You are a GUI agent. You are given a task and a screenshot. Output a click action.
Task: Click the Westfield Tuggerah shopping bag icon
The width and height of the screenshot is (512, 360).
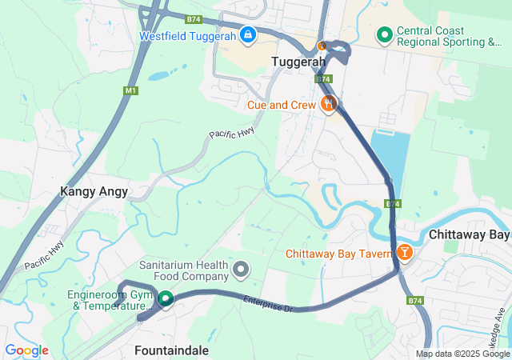click(248, 35)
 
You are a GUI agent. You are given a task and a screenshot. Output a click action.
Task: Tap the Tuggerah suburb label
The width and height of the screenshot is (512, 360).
click(298, 62)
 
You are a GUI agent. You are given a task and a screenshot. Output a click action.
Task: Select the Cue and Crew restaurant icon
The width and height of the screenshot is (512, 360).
click(328, 104)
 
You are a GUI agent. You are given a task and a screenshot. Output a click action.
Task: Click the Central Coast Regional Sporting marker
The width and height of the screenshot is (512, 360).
click(384, 35)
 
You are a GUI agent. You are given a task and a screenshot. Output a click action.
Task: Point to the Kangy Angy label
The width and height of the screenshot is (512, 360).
click(94, 192)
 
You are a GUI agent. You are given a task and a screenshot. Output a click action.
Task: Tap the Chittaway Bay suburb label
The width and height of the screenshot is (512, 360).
click(469, 235)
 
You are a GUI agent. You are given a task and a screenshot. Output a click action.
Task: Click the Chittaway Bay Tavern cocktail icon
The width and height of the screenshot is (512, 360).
click(405, 254)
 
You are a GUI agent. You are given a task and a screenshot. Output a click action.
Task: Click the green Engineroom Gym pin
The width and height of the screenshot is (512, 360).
click(166, 299)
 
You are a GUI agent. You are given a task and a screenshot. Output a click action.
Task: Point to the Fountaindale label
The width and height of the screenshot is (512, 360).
click(171, 350)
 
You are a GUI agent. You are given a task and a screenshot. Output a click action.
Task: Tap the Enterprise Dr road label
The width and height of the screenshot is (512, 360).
click(269, 303)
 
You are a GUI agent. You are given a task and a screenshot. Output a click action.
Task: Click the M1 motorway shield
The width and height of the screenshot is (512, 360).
click(130, 91)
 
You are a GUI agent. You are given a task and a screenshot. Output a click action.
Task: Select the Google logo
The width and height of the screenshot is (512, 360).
click(26, 350)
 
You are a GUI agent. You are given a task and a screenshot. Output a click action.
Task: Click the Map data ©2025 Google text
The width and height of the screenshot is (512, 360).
click(462, 354)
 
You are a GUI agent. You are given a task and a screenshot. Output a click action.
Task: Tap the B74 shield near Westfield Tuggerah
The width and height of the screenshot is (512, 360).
click(192, 18)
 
